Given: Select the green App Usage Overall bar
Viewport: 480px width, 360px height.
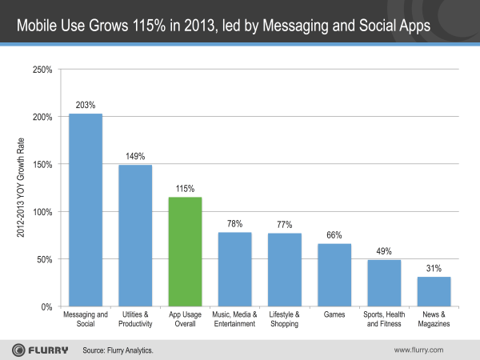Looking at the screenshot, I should pos(185,252).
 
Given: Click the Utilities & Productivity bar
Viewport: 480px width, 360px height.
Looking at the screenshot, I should pos(135,236).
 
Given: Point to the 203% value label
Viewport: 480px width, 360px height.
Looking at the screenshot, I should pos(85,104).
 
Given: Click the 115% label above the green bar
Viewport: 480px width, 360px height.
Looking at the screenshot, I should pos(185,187).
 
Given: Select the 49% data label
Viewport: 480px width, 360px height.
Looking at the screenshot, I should pos(384,250).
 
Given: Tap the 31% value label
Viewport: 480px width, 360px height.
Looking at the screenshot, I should pos(434,267).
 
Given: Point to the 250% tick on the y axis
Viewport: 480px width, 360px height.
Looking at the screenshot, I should pos(42,70).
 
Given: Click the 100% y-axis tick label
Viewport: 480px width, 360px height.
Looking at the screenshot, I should pos(42,212).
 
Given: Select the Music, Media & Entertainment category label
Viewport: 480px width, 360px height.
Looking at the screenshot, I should pos(235,320).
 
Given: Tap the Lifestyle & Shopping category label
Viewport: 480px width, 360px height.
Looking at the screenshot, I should pos(285,320).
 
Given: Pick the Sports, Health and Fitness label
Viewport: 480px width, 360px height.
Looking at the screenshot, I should pos(384,320).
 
